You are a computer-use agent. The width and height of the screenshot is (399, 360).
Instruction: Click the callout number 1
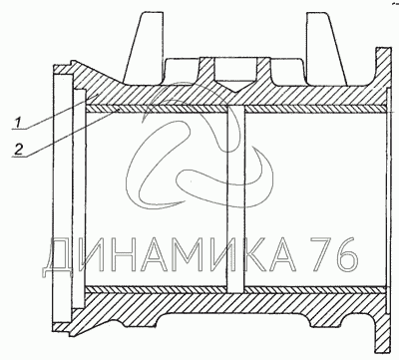tap(19, 123)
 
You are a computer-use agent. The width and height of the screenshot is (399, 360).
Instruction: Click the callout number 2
tap(19, 150)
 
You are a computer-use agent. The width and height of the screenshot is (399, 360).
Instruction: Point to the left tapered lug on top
tap(144, 48)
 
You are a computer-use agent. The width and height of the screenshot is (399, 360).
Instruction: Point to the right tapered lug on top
tap(327, 48)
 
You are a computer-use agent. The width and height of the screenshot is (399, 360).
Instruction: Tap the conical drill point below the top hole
tap(235, 86)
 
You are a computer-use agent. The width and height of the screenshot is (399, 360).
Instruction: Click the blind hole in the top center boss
tap(235, 70)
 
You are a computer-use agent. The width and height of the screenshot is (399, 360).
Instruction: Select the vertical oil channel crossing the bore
tap(235, 198)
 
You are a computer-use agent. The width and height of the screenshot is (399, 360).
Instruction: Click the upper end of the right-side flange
tap(383, 49)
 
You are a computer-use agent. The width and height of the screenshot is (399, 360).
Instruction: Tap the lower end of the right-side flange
tap(383, 351)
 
